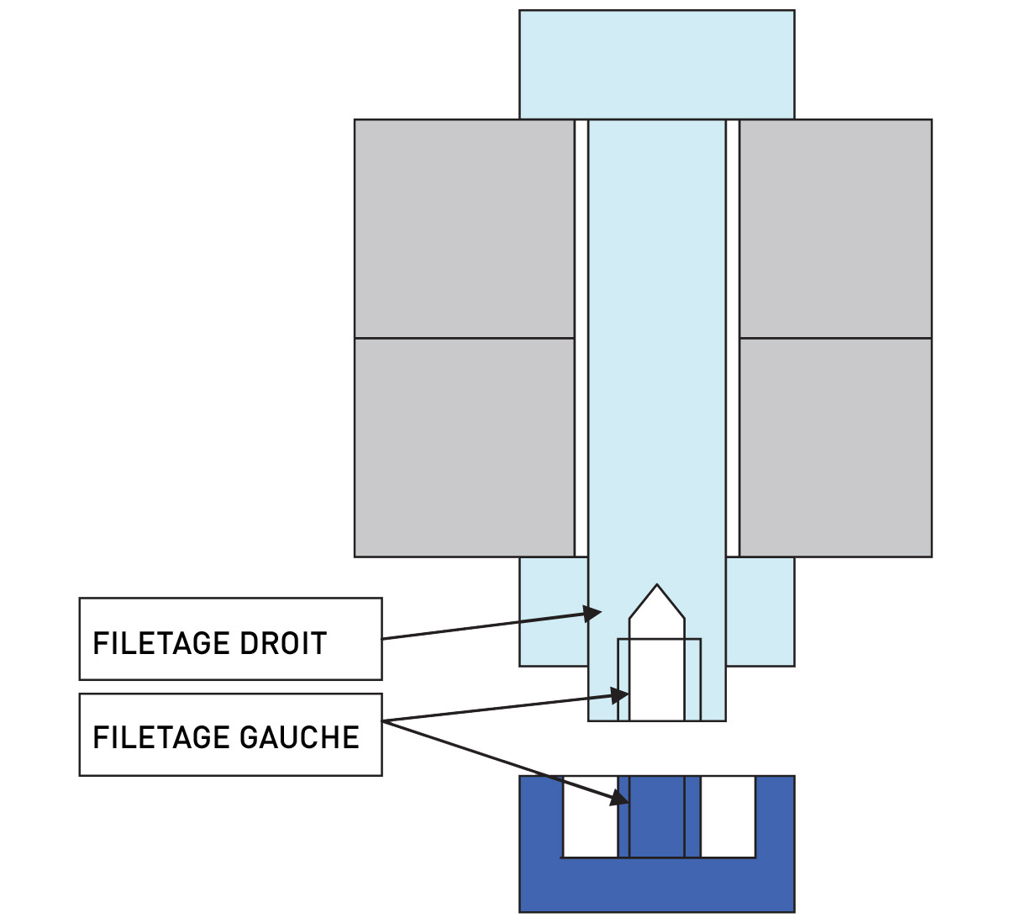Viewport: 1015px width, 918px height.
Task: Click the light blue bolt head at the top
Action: pos(656,64)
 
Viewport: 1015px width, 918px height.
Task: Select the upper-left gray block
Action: pos(464,229)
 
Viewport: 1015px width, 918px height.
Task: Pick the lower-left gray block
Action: pos(464,447)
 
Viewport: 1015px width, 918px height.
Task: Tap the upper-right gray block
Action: pos(835,229)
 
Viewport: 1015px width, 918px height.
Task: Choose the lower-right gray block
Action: pos(835,447)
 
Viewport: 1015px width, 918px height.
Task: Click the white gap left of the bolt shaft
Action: pos(581,338)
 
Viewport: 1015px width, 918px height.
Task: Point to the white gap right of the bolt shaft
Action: pos(733,338)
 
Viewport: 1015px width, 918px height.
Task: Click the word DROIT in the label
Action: pos(283,644)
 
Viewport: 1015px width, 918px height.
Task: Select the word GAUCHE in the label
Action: pos(299,737)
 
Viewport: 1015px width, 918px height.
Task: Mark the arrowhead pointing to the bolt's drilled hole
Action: pos(620,695)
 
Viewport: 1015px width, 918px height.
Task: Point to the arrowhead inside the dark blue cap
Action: pos(619,799)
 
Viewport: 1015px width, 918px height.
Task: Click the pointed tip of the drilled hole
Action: pos(657,584)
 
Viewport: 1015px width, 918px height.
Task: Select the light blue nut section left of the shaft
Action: pos(554,612)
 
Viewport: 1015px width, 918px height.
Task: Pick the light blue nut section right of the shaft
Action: pos(760,612)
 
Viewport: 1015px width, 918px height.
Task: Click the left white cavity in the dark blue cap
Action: pos(590,816)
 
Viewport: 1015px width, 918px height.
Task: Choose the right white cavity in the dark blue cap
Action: pos(728,816)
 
